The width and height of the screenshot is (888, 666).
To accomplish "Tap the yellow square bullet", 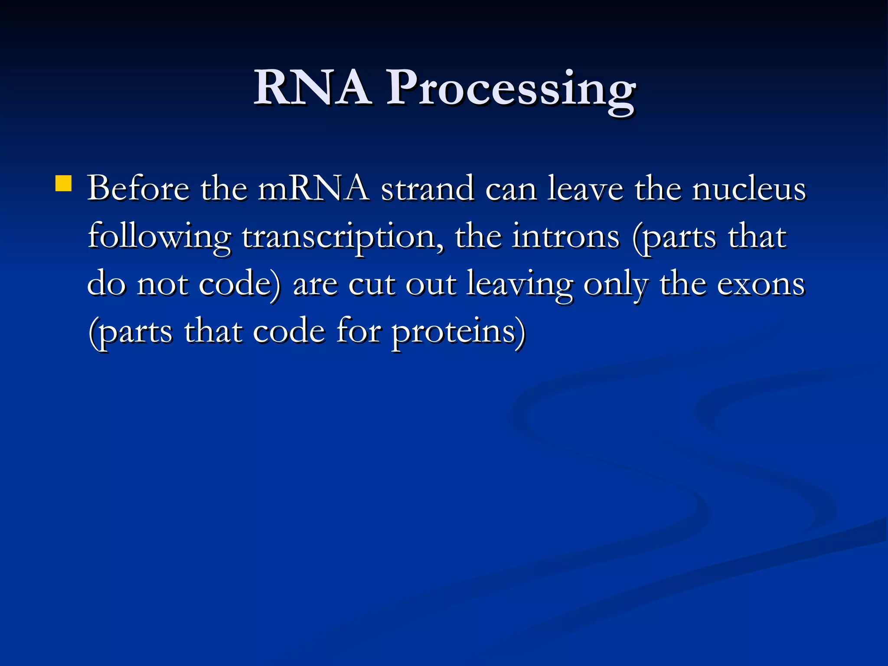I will point(64,183).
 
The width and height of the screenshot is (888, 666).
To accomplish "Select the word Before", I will point(138,189).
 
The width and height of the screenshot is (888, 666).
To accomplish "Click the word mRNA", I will point(313,189).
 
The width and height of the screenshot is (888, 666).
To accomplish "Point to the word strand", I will point(427,189).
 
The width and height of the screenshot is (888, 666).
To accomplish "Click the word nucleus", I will point(749,189).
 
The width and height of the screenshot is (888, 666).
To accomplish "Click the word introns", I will point(565,237).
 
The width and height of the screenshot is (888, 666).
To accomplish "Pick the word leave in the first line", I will point(585,189).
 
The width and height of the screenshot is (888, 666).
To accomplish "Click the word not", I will point(163,285).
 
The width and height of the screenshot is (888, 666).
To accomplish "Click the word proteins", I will point(458,333).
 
